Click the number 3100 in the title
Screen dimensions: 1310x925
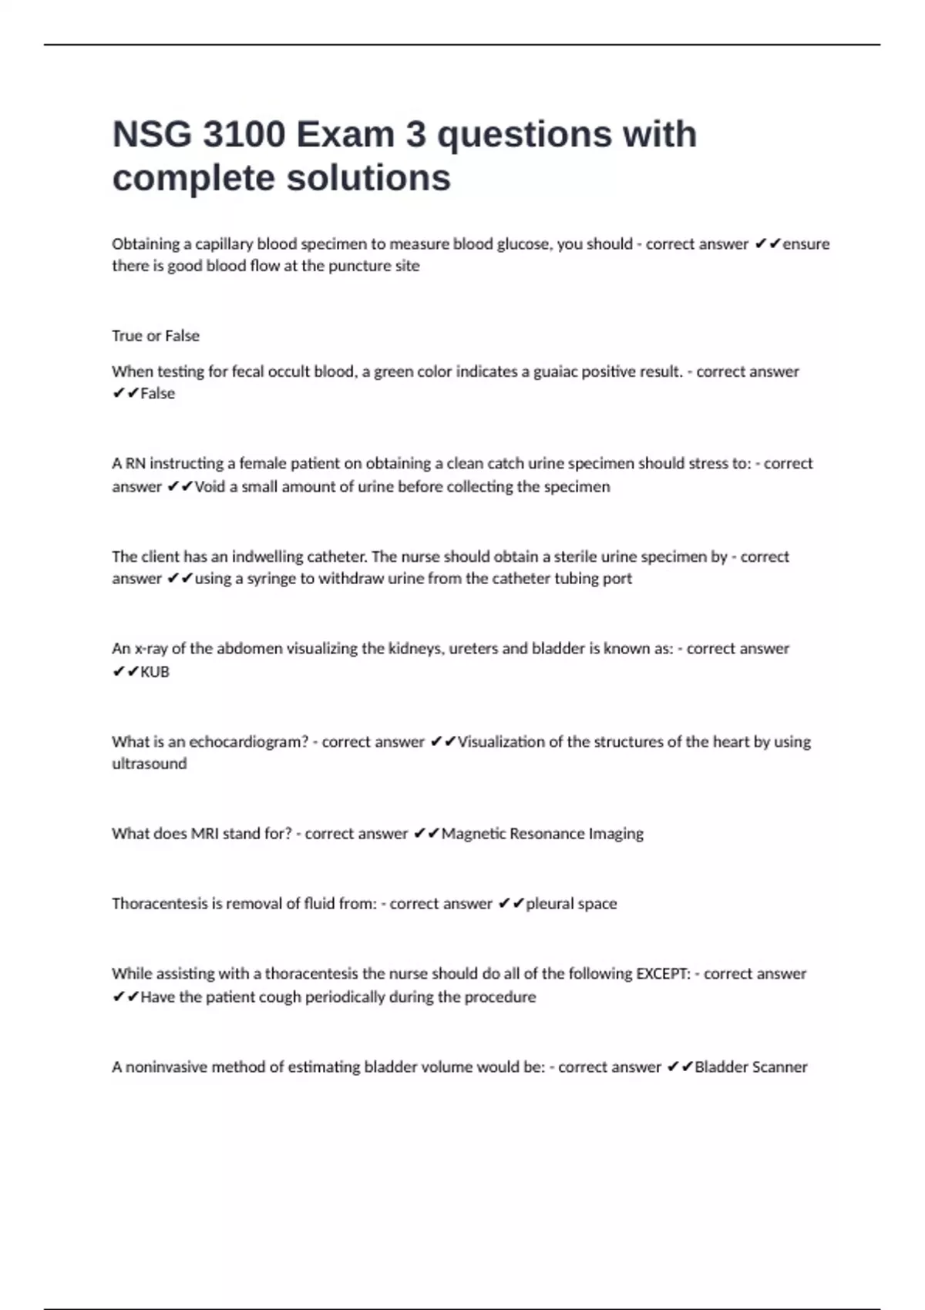244,134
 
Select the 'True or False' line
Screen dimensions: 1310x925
156,336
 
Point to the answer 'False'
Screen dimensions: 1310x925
157,393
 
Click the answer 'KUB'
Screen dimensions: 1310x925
154,671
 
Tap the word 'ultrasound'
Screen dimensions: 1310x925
150,764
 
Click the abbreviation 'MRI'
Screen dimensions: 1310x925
204,834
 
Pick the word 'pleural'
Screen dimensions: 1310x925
550,903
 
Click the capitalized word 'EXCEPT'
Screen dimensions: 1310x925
662,973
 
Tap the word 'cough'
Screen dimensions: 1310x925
277,997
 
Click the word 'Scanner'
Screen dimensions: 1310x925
779,1067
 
